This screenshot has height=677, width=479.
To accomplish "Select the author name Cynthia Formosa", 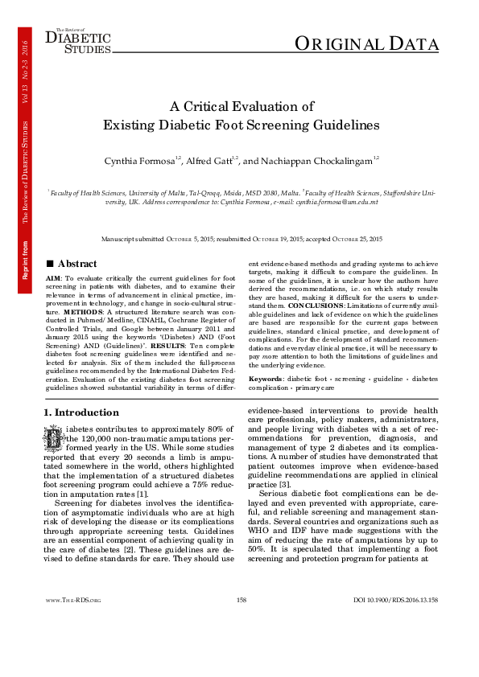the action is pos(138,162).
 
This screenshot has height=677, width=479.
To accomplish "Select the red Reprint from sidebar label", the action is pos(26,256).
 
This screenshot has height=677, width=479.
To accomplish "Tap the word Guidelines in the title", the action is pos(341,125).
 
